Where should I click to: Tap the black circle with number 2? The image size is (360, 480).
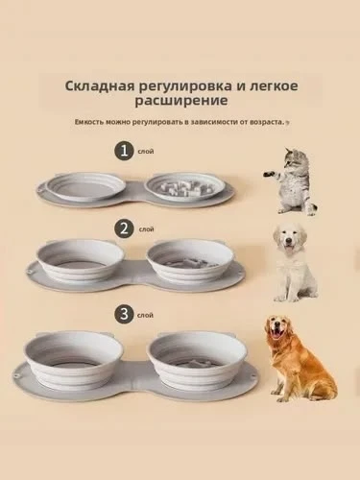click(122, 228)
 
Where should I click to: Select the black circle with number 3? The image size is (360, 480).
click(122, 312)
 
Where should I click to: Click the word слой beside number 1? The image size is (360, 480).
click(145, 151)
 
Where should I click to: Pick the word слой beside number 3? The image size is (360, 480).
click(145, 313)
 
